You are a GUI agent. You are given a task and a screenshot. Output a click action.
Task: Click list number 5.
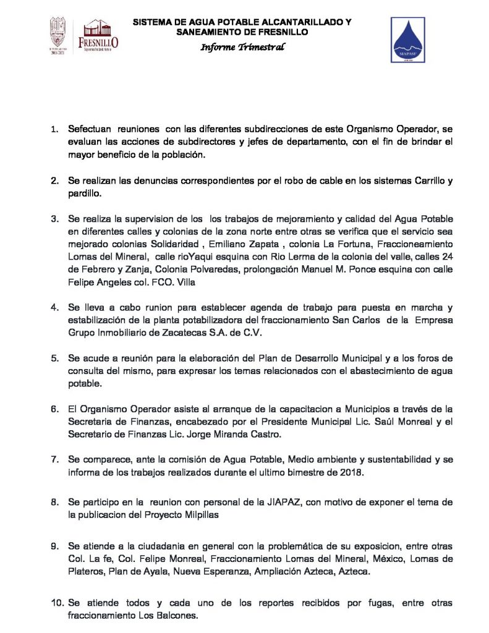[54, 359]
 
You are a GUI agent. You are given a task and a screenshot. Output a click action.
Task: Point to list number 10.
[57, 603]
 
